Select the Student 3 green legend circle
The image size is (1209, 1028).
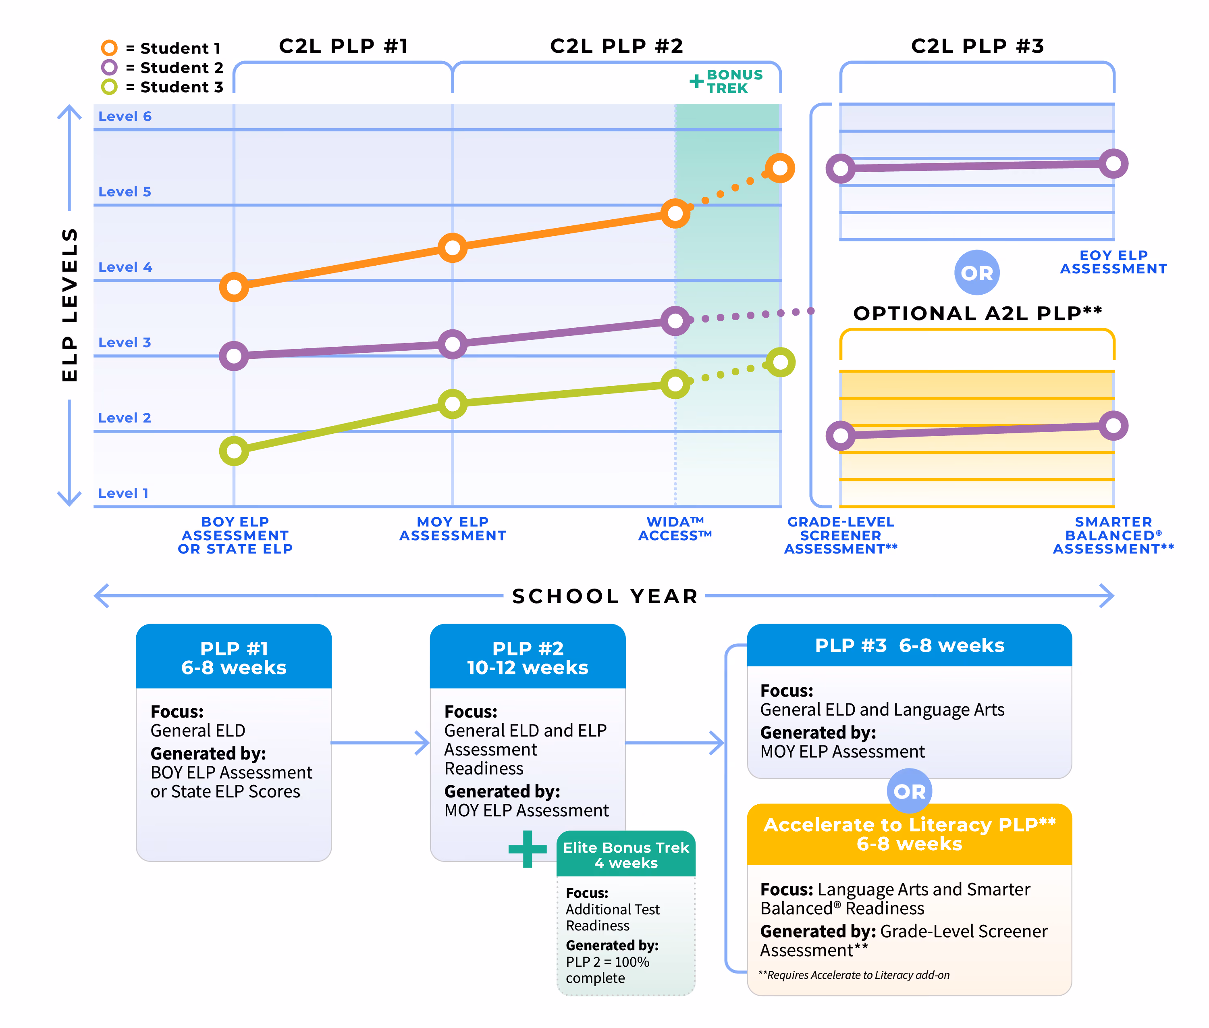click(x=109, y=87)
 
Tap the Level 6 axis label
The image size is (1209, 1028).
click(x=125, y=116)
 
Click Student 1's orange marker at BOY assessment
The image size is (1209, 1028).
click(x=234, y=287)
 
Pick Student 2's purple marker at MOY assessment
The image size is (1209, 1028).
click(x=453, y=344)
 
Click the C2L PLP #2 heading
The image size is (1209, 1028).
click(x=617, y=46)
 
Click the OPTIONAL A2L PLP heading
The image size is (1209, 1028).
click(x=978, y=313)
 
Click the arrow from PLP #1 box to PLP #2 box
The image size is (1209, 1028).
click(x=380, y=743)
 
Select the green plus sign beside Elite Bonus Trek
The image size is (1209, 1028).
click(x=527, y=849)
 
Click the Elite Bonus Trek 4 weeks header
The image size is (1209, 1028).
click(x=626, y=855)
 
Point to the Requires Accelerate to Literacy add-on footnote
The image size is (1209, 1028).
click(x=854, y=975)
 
